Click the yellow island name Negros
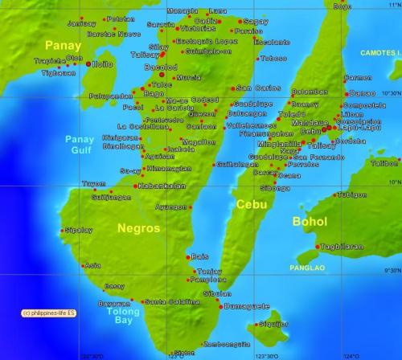[139, 228]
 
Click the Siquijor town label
[273, 323]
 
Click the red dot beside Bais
[187, 256]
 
